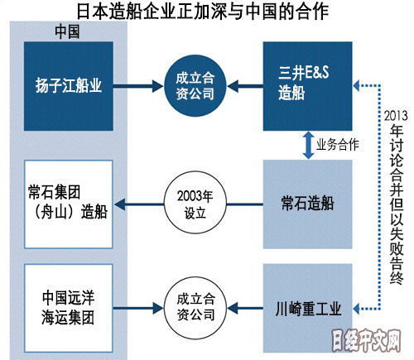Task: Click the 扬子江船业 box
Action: pyautogui.click(x=69, y=86)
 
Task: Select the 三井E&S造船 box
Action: pyautogui.click(x=307, y=86)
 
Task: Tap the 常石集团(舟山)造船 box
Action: pyautogui.click(x=69, y=204)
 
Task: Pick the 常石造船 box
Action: pyautogui.click(x=307, y=204)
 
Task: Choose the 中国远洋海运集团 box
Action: pyautogui.click(x=69, y=308)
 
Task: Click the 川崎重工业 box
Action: pyautogui.click(x=307, y=308)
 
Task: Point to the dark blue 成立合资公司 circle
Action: pyautogui.click(x=195, y=86)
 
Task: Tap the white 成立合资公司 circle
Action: pyautogui.click(x=195, y=308)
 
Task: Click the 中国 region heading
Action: pyautogui.click(x=67, y=31)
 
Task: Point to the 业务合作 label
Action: pyautogui.click(x=338, y=145)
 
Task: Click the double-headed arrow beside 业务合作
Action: pyautogui.click(x=308, y=145)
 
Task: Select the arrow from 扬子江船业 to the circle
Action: pyautogui.click(x=138, y=86)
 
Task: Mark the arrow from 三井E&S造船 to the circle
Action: pyautogui.click(x=245, y=86)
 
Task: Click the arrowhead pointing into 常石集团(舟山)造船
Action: pyautogui.click(x=120, y=204)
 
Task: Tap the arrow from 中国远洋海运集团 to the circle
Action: pyautogui.click(x=138, y=308)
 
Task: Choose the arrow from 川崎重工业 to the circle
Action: pyautogui.click(x=245, y=308)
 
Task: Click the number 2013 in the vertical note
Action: pyautogui.click(x=396, y=116)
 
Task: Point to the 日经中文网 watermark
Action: pyautogui.click(x=366, y=341)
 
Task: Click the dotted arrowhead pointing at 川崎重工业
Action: pyautogui.click(x=356, y=309)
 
